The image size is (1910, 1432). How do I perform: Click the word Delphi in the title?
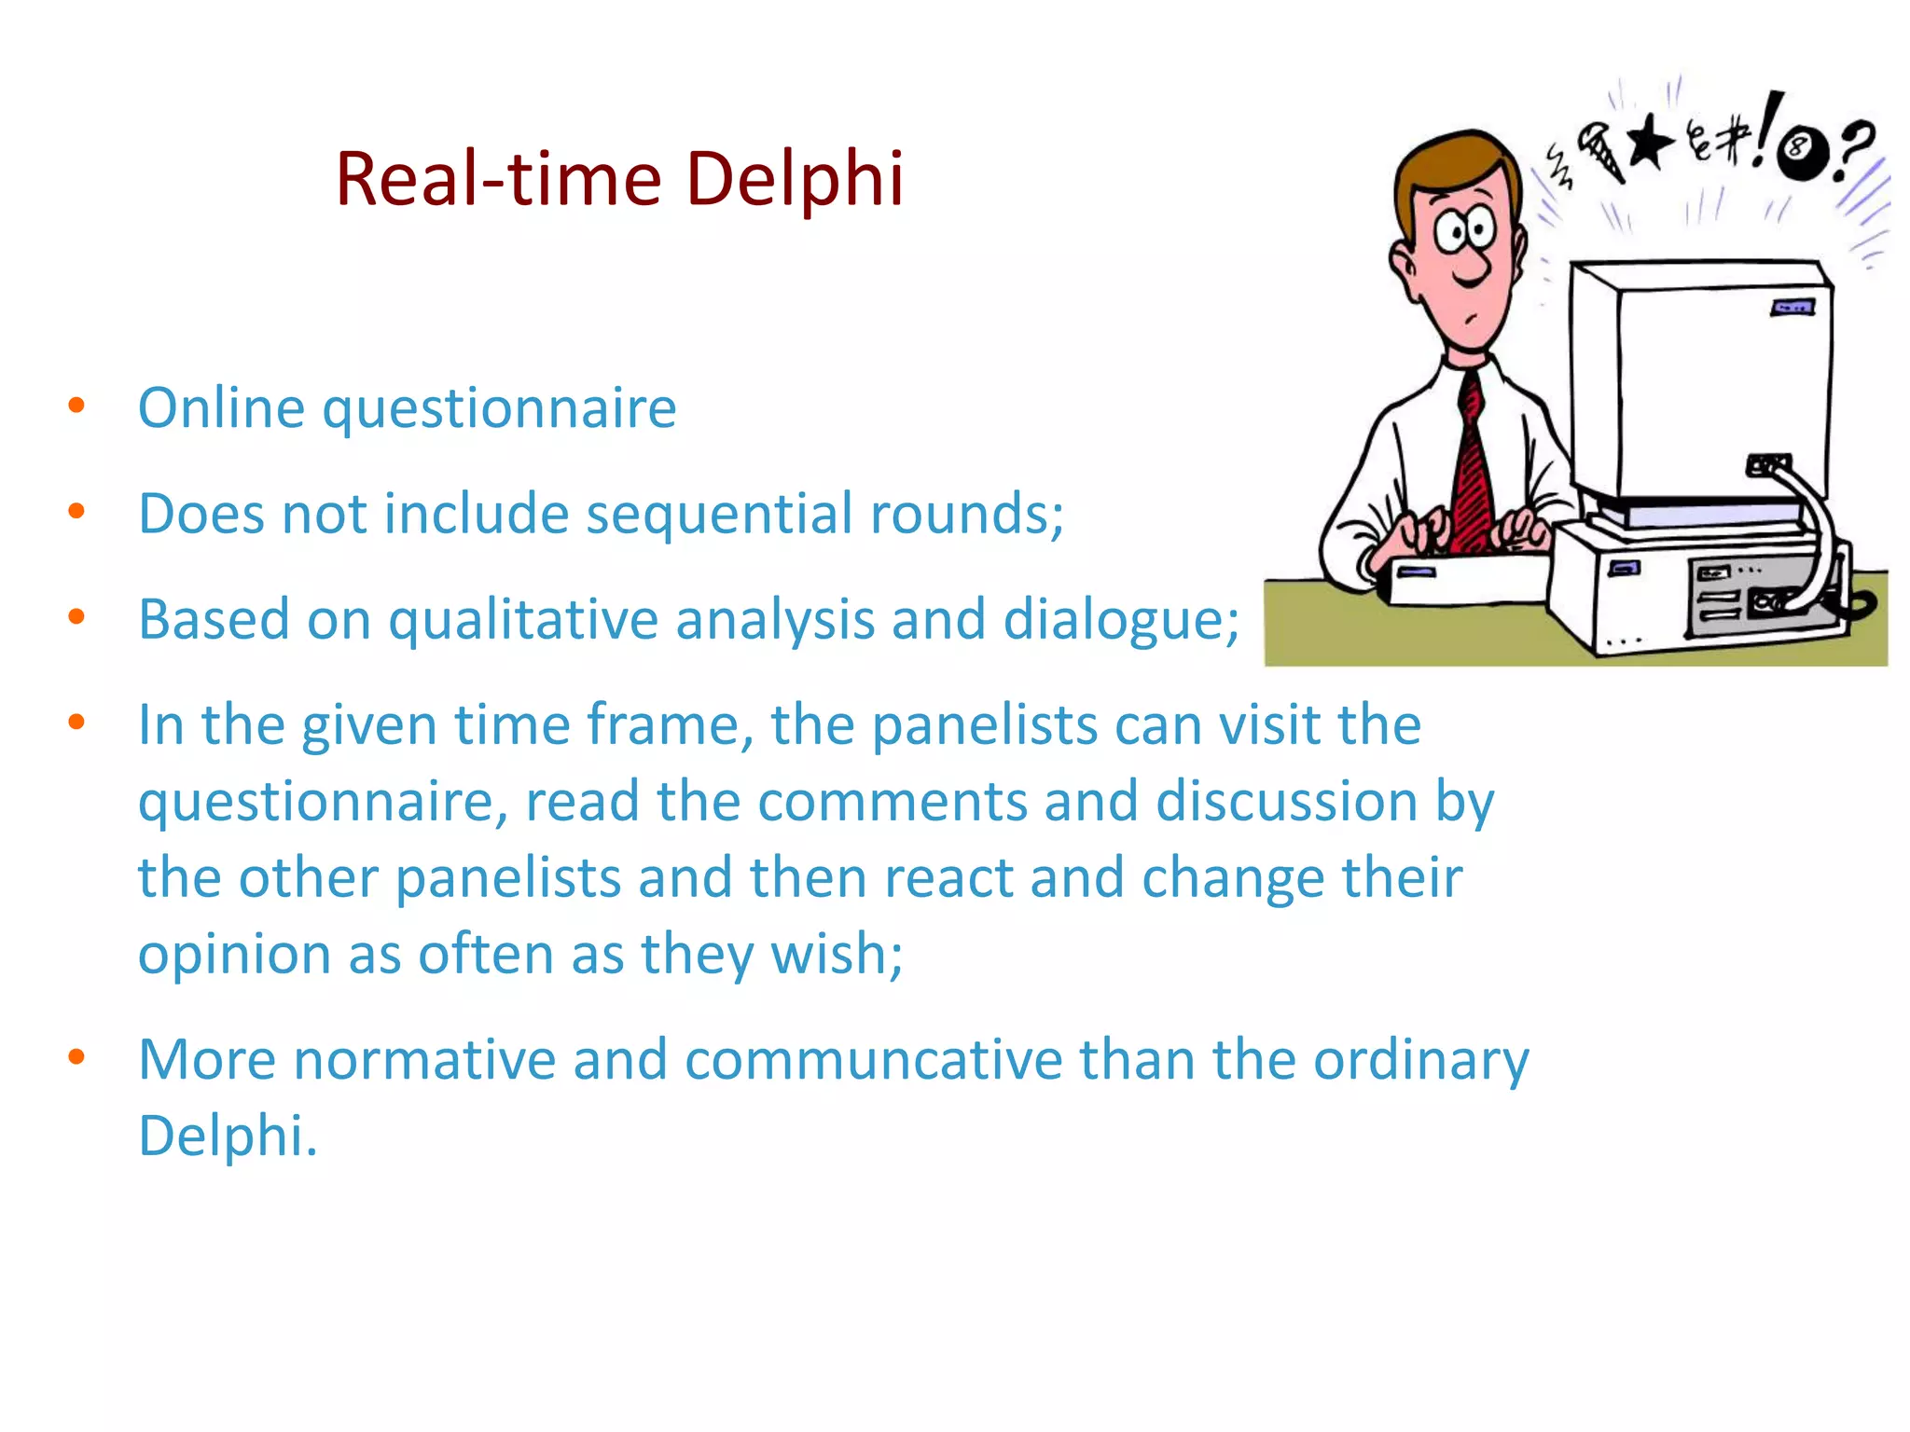(795, 179)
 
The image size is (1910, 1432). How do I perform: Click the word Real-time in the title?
(498, 179)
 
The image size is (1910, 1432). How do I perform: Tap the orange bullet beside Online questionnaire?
(76, 406)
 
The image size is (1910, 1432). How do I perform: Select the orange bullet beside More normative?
(76, 1057)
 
